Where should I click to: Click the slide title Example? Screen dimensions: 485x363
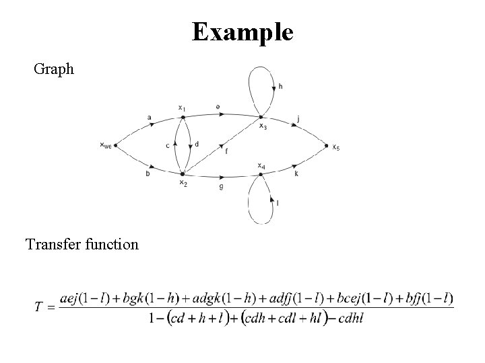click(x=243, y=31)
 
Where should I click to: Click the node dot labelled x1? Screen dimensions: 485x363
click(x=182, y=117)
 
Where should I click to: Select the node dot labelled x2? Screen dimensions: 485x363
click(x=182, y=173)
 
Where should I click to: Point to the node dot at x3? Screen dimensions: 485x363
click(x=260, y=117)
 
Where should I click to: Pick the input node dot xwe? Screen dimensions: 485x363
click(x=116, y=145)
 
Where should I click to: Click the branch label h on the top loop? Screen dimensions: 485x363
click(x=280, y=87)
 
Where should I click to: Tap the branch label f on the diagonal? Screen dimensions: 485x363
click(x=226, y=152)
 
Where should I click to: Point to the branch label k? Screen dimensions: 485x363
click(x=296, y=173)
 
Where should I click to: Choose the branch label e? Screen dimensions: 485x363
click(x=217, y=106)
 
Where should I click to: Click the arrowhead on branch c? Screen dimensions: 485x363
click(x=176, y=143)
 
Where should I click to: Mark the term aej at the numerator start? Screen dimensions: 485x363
click(x=71, y=298)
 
